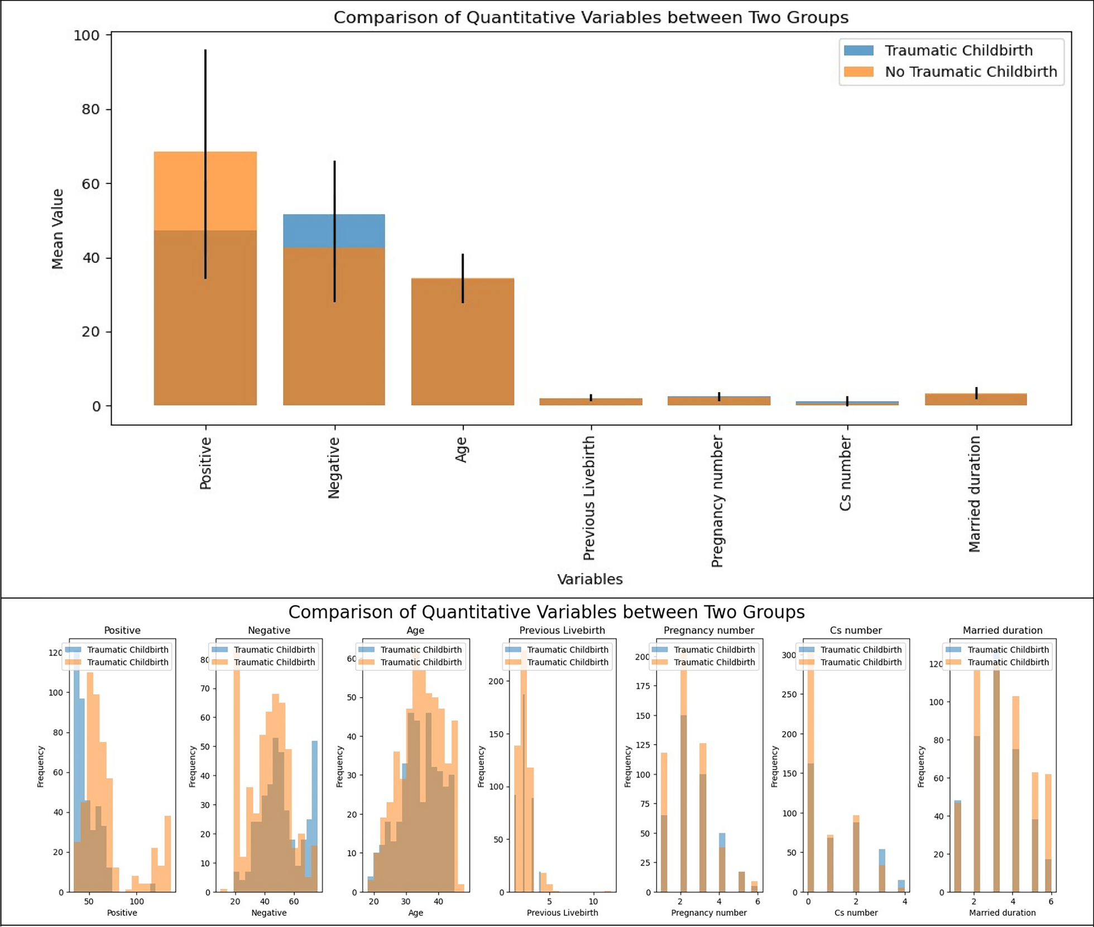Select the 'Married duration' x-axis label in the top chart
tap(975, 494)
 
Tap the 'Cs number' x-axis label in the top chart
tap(846, 474)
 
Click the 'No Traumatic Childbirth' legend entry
tap(971, 72)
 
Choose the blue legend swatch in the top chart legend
tap(858, 50)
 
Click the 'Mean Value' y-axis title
tap(57, 229)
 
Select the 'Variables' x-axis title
tap(589, 579)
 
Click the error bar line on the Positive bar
tap(205, 112)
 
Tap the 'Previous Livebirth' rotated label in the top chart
tap(589, 498)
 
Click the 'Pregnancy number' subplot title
tap(708, 630)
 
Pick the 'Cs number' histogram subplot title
tap(855, 630)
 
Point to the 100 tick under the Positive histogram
tap(136, 901)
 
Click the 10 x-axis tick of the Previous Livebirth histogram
tap(593, 901)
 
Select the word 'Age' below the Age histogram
tap(415, 913)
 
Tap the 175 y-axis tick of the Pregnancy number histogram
tap(643, 686)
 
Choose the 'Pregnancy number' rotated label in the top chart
tap(717, 502)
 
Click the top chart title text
tap(591, 17)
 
